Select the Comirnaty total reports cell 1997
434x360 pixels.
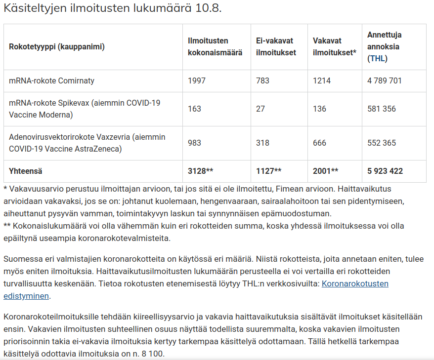click(x=197, y=80)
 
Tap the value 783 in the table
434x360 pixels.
click(x=262, y=80)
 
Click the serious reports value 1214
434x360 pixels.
click(x=322, y=80)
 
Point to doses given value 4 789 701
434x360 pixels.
click(x=385, y=80)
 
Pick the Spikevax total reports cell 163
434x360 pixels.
click(x=194, y=109)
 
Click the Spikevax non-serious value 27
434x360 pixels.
click(x=260, y=109)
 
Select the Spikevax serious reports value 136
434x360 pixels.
click(x=319, y=109)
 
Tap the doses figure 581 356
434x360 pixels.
click(x=382, y=109)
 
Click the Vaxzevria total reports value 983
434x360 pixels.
click(x=194, y=143)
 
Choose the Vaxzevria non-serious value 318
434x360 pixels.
click(x=262, y=143)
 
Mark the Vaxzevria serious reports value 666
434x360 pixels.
click(x=319, y=143)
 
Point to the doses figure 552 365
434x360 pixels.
click(x=382, y=143)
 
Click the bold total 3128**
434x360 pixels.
click(x=200, y=171)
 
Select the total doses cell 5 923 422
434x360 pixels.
click(x=385, y=171)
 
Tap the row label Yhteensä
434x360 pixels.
click(x=26, y=171)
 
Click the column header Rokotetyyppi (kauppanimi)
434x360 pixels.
click(x=57, y=47)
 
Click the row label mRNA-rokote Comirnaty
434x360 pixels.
click(x=51, y=80)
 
